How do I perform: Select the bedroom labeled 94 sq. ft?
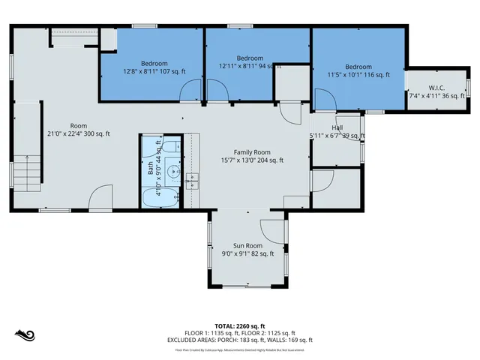click(x=250, y=62)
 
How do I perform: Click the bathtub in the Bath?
click(x=160, y=198)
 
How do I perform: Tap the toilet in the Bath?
click(x=169, y=146)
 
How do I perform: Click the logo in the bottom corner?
click(x=25, y=334)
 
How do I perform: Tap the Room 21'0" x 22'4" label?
click(x=79, y=130)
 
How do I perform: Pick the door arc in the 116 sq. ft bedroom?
click(x=324, y=99)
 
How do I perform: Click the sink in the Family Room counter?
click(x=191, y=179)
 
